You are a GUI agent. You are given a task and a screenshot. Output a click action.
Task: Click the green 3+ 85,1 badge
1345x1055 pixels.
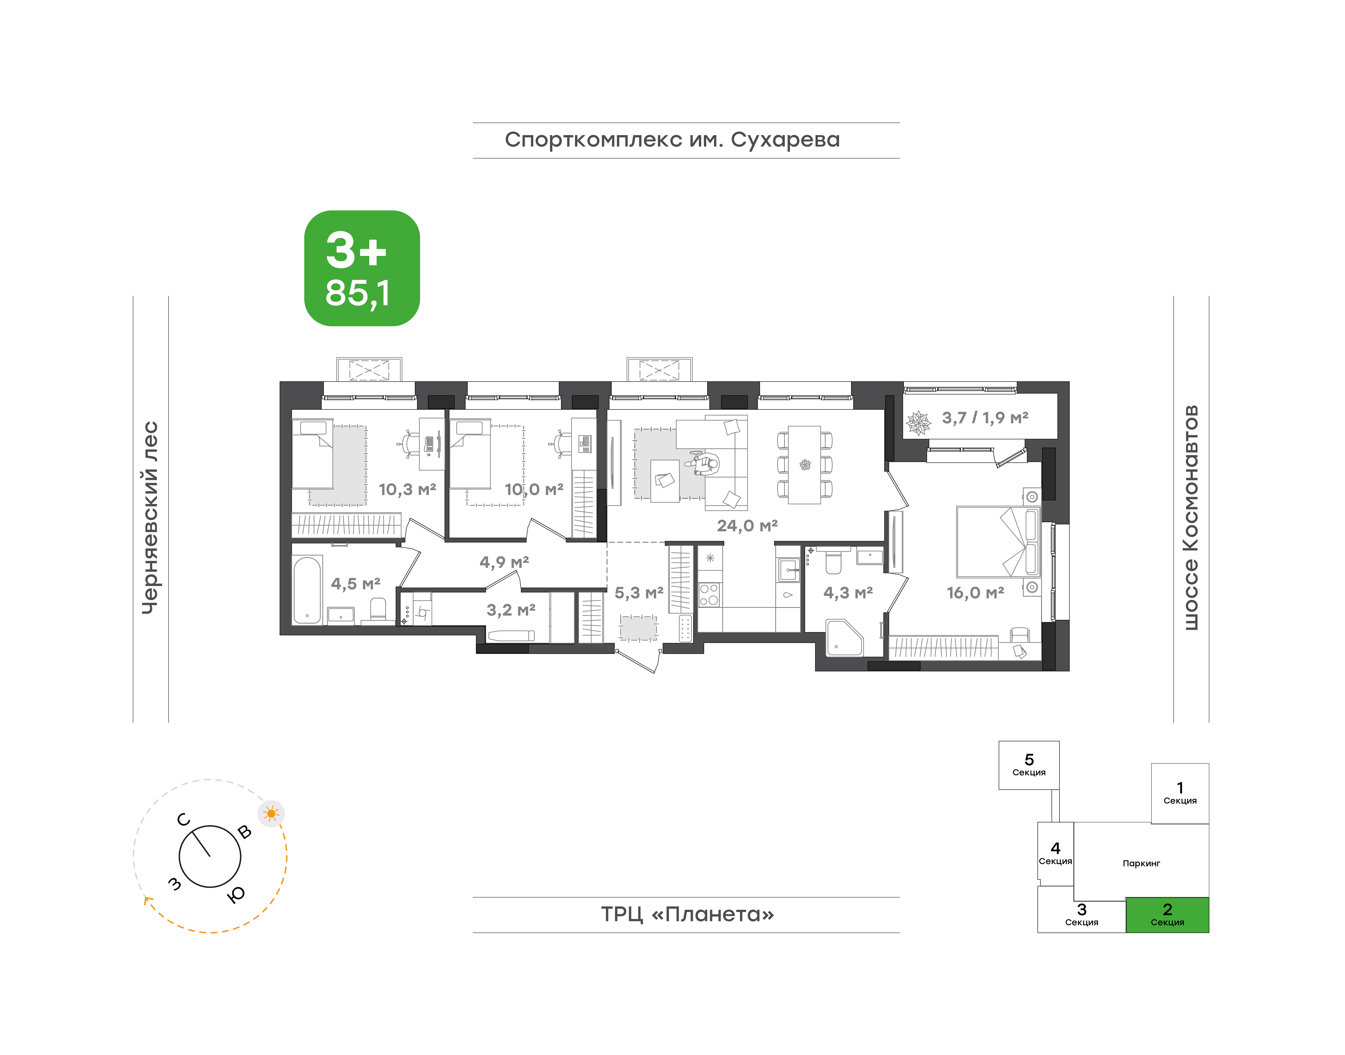point(362,268)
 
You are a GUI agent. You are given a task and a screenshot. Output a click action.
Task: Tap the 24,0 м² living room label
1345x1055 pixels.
point(747,526)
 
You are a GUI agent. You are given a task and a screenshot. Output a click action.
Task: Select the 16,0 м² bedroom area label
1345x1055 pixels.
point(976,593)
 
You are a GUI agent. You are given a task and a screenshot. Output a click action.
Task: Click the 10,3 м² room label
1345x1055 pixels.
point(407,490)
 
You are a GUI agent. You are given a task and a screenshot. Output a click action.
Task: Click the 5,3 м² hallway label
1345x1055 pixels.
point(639,593)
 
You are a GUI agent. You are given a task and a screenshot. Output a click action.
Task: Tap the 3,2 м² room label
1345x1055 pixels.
point(511,610)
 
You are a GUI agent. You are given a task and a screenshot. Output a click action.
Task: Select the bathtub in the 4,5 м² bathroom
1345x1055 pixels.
point(307,590)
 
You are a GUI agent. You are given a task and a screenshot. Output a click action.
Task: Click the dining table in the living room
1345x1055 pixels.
point(804,465)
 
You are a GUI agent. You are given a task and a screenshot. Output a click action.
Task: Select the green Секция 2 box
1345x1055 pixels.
point(1167,915)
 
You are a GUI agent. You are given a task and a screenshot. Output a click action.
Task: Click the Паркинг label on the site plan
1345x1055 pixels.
point(1141,864)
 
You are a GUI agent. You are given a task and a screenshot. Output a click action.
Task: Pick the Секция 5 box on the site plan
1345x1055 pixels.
point(1029,765)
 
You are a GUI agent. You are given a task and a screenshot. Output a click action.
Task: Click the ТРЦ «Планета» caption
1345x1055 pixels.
point(687,914)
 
